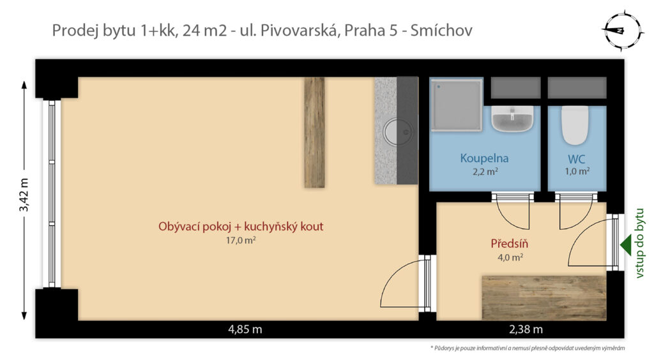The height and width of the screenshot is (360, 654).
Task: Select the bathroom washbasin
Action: coord(512,119)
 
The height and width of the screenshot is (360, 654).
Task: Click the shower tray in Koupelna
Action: coord(456,105)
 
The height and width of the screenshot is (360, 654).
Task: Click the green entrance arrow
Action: coord(626,245)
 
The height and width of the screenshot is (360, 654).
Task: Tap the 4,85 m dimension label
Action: coord(245,329)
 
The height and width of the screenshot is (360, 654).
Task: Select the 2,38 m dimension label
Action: coord(526,329)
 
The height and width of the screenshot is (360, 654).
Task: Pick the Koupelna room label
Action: coord(484,158)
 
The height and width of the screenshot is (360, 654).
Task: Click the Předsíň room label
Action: coord(509,243)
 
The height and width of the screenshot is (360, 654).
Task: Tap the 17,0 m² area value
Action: coord(241,241)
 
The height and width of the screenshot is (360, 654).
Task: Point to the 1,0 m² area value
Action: coord(577,171)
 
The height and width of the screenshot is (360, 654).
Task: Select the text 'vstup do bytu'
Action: coord(639,243)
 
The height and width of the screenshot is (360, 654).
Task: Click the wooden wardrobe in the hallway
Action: coord(544,297)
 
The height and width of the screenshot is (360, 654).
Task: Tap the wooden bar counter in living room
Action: coord(314,133)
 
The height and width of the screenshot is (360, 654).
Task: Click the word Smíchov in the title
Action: coord(441,31)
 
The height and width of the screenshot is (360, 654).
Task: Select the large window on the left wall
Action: coord(52,194)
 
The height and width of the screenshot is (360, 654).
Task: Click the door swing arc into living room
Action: coord(395,278)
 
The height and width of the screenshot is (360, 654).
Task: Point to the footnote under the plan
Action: coord(527,348)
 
